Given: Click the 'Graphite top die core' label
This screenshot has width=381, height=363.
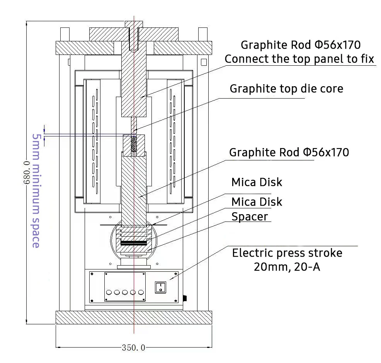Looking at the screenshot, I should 286,89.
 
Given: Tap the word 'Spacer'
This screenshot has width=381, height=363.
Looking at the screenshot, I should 249,216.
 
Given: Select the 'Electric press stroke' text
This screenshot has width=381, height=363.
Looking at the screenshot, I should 287,253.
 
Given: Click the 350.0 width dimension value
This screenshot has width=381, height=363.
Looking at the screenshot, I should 133,348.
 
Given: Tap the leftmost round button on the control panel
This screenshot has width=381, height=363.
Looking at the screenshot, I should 109,293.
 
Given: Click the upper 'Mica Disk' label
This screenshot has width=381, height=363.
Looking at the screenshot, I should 257,182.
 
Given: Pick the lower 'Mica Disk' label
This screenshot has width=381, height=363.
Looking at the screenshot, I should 257,202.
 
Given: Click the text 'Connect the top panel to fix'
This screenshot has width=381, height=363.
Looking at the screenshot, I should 299,59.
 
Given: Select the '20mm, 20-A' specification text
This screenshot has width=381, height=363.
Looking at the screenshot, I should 287,267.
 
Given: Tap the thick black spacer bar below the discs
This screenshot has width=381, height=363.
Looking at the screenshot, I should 134,243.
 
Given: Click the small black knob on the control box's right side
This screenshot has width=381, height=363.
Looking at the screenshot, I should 185,298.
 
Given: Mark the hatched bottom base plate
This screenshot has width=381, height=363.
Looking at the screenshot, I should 134,317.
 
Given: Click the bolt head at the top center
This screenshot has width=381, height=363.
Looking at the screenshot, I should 134,24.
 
